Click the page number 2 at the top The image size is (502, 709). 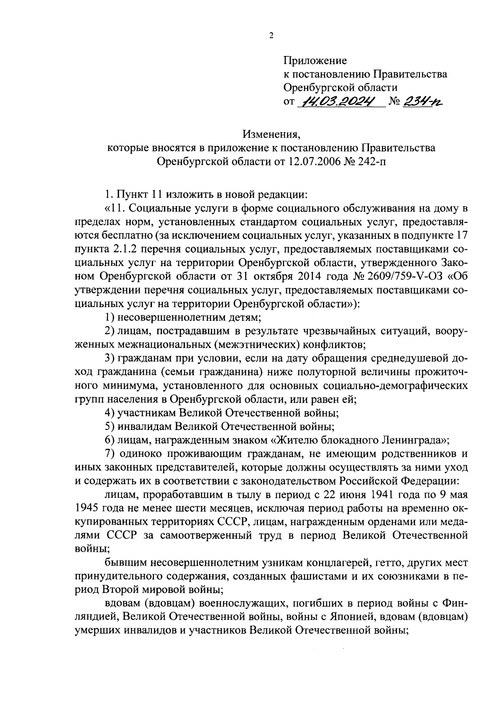271,36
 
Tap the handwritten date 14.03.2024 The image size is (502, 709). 340,101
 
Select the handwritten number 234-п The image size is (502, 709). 423,101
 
